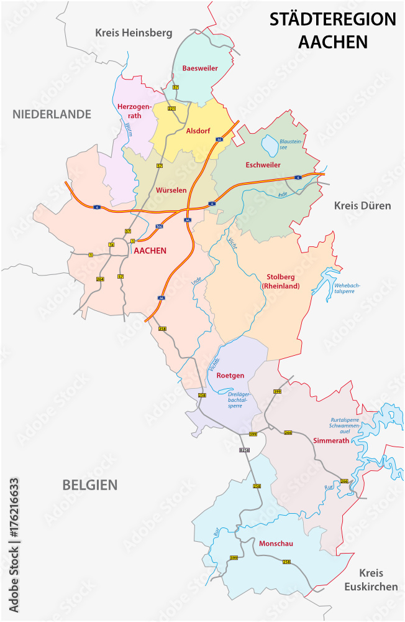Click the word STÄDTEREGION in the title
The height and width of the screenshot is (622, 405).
(332, 20)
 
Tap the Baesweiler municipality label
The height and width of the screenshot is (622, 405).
(200, 68)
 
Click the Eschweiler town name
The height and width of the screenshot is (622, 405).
(263, 165)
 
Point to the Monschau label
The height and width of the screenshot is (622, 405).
(276, 544)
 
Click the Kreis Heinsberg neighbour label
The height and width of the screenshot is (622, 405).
(134, 32)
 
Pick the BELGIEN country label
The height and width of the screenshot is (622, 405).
(89, 485)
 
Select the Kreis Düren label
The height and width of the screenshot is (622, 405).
(362, 205)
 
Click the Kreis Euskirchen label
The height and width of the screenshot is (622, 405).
(370, 579)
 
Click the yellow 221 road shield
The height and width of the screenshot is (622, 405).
(171, 108)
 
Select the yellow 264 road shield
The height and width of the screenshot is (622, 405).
(100, 279)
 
